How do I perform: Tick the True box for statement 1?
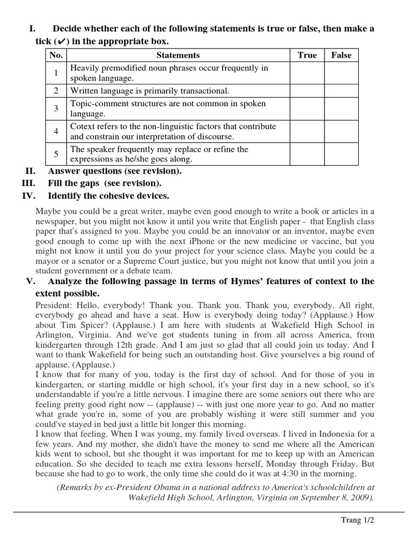coord(307,73)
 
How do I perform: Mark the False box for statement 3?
coord(342,108)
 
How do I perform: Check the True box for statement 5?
coord(307,154)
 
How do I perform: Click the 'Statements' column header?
coord(178,55)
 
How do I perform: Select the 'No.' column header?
coord(56,55)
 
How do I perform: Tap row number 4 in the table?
coord(56,131)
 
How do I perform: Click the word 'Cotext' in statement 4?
coord(83,127)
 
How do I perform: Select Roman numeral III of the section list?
coord(28,183)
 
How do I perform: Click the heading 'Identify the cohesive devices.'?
coord(108,196)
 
